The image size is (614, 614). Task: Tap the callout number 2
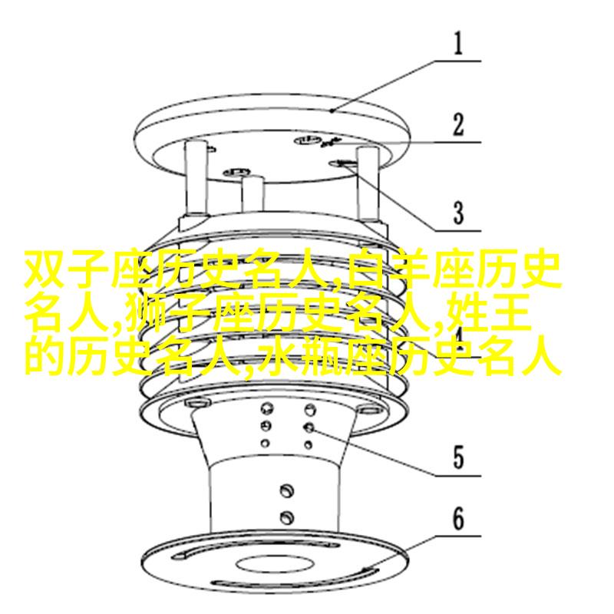click(x=458, y=125)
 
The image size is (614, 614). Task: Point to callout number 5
click(x=458, y=457)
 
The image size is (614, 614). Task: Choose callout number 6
click(x=458, y=520)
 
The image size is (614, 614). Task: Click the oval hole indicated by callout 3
click(x=342, y=163)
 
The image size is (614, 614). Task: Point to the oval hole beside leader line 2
click(x=307, y=140)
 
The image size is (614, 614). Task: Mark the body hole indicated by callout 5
click(x=309, y=427)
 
